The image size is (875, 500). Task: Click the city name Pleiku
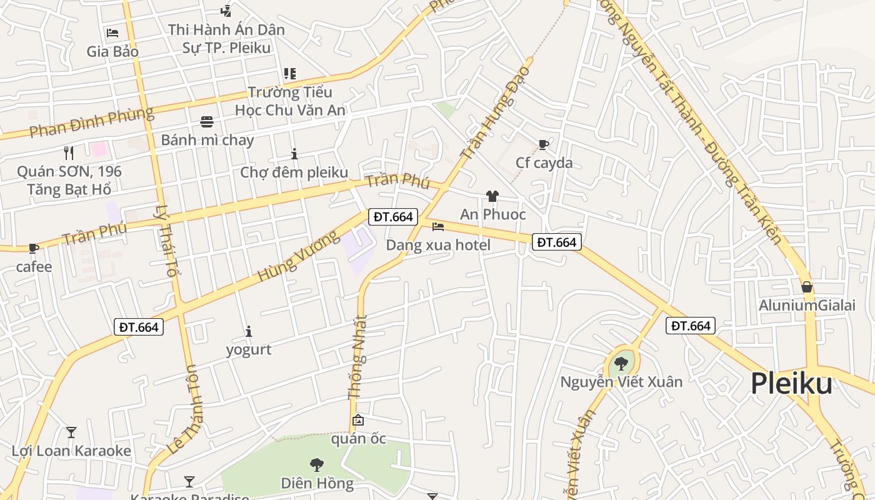791,383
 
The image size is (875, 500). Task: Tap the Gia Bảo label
112,51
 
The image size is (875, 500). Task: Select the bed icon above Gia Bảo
112,32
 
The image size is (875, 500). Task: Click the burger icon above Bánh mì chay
207,121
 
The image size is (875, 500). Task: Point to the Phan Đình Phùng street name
91,122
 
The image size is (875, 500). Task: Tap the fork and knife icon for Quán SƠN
69,152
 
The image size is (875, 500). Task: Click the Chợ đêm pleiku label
294,172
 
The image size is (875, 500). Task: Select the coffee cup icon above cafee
34,249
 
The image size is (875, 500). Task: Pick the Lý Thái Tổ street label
166,241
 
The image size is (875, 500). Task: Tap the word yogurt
249,349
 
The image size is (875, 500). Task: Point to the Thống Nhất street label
357,357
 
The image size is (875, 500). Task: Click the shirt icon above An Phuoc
492,196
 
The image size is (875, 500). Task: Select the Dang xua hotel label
438,245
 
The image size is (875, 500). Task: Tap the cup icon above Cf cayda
544,145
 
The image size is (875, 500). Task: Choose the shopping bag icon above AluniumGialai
807,287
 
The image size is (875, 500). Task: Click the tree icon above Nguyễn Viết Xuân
621,363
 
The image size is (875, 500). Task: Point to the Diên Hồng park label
317,483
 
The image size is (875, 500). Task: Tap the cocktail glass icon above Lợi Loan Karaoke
71,432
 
